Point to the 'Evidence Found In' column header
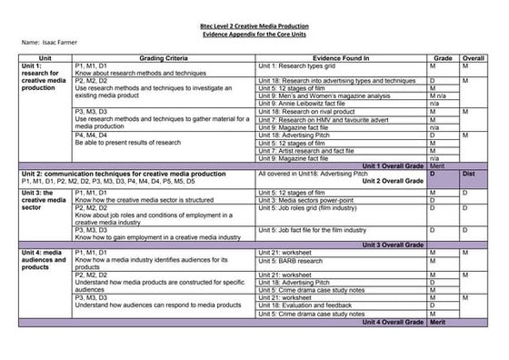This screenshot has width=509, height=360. (x=339, y=58)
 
